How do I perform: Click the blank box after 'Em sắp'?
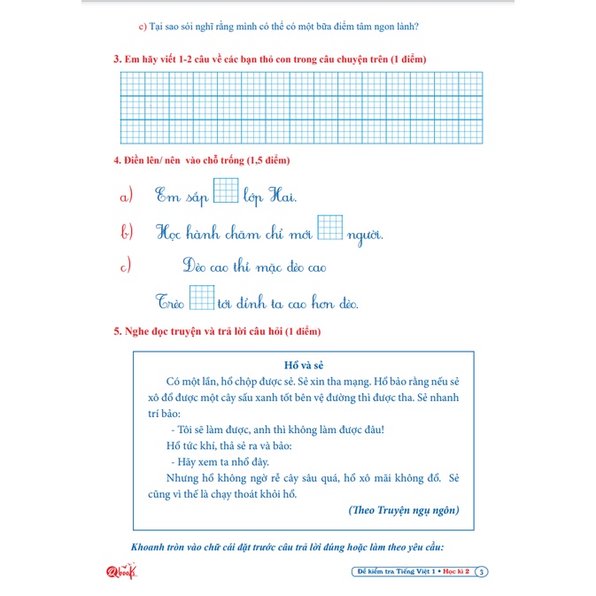click(x=227, y=191)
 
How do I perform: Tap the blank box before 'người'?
click(x=330, y=228)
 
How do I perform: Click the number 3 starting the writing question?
click(x=117, y=59)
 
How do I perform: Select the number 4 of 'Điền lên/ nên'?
click(x=117, y=160)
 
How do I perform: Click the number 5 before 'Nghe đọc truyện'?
click(x=117, y=331)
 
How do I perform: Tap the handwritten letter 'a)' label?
click(x=127, y=195)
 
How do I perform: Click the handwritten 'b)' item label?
click(x=127, y=233)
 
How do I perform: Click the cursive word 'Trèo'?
click(x=171, y=302)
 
